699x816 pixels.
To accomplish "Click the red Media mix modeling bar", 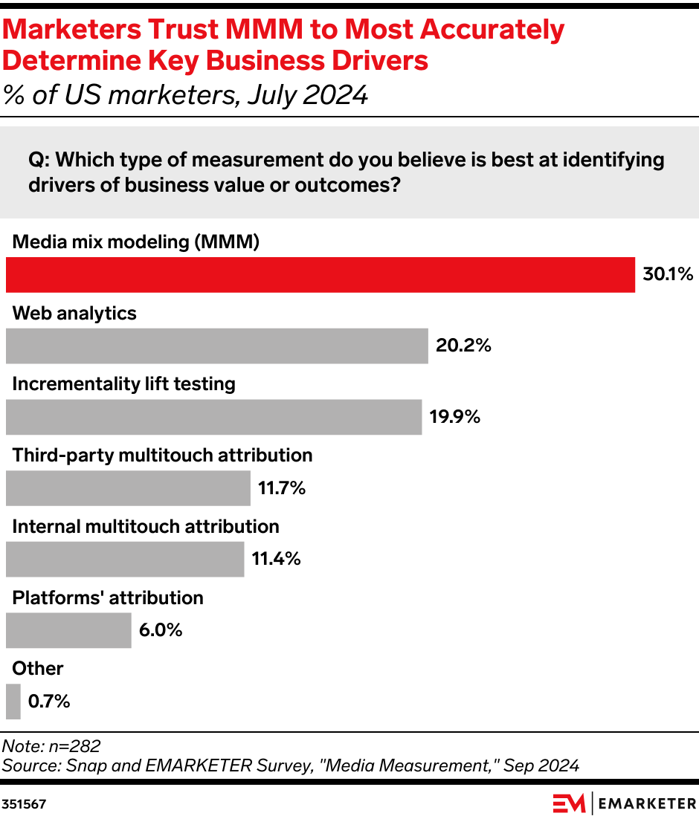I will [x=320, y=275].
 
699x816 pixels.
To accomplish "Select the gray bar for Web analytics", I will [x=216, y=346].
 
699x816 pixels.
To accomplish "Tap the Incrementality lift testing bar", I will [x=213, y=417].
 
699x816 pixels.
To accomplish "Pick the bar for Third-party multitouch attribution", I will [x=128, y=488].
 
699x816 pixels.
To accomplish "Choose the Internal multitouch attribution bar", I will [x=125, y=559].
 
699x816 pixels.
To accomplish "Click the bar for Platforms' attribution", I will [x=68, y=630].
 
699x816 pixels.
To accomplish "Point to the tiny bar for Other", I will [x=13, y=702].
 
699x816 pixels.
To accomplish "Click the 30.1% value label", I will [x=668, y=275].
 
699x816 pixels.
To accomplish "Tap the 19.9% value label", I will [x=454, y=417].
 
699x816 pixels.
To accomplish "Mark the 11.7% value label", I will [x=282, y=488].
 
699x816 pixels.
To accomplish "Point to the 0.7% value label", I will [x=49, y=702].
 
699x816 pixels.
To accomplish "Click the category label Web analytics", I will [x=74, y=313].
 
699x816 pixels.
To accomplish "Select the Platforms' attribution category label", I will [x=108, y=598].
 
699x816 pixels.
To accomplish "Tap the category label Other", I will [x=38, y=668].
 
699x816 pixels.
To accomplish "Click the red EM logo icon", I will [x=569, y=803].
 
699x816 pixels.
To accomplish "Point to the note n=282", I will [x=52, y=746].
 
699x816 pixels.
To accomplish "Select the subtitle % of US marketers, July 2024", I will [x=186, y=95].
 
